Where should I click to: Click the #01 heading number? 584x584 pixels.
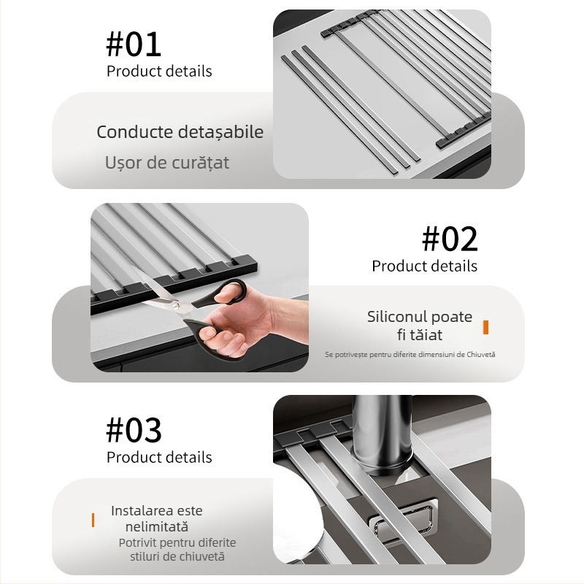134,45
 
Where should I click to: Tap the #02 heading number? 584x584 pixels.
450,239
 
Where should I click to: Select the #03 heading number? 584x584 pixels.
134,430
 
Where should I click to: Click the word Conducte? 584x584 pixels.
135,132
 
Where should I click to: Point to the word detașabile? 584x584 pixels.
221,133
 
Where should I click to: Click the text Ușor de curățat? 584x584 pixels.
167,163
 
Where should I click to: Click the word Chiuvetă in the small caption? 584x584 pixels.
481,354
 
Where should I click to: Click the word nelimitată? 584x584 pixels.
156,527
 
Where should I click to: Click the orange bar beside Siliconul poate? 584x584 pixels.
485,327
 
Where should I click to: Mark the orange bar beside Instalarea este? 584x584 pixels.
93,520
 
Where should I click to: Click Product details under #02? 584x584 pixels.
425,266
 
